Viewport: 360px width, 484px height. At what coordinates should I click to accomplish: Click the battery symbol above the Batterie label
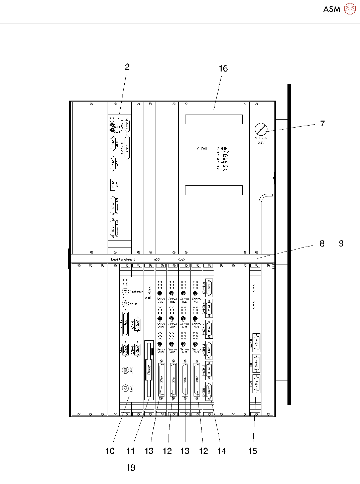261,129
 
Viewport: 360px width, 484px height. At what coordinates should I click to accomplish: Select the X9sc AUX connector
113,185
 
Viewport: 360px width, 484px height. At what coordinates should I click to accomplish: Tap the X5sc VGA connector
113,164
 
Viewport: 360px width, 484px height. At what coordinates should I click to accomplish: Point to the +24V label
225,152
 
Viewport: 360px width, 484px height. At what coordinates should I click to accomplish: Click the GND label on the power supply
224,148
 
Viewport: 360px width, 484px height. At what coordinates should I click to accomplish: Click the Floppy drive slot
149,370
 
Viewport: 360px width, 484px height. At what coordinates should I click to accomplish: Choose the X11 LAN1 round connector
125,388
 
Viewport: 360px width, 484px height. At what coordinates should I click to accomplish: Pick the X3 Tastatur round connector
125,292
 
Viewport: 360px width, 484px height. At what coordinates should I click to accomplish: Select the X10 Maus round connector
125,304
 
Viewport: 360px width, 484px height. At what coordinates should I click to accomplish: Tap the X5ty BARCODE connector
256,342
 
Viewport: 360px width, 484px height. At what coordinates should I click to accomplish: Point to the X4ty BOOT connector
256,363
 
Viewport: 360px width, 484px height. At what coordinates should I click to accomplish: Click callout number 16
223,68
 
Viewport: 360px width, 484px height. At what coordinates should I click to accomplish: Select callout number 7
322,124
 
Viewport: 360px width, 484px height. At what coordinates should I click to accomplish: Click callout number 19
131,468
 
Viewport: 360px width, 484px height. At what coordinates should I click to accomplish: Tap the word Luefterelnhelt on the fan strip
123,259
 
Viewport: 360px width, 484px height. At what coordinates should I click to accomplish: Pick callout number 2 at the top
127,67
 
